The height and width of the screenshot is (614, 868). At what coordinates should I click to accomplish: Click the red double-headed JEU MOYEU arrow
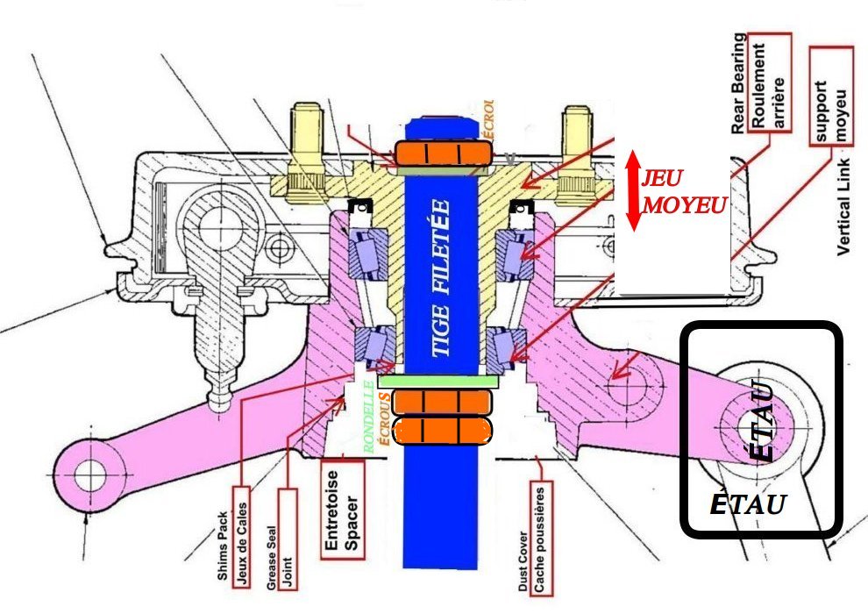(632, 190)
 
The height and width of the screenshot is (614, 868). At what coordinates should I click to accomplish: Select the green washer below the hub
(439, 382)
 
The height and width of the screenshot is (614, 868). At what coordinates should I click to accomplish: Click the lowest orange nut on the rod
(442, 430)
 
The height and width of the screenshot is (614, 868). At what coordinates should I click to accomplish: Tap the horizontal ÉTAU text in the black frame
(746, 504)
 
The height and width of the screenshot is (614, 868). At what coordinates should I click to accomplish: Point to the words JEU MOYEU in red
(683, 191)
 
